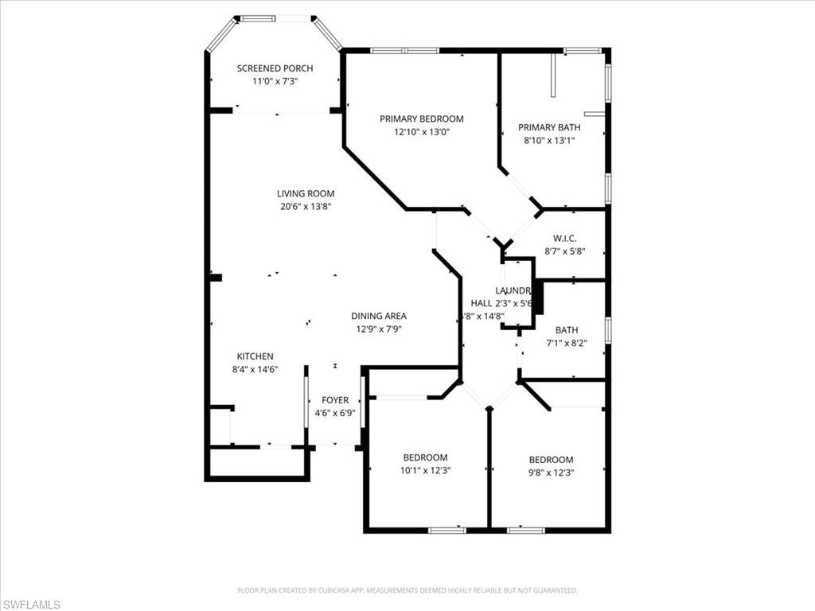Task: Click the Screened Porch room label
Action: (x=275, y=68)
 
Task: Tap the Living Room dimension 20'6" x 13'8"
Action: (x=306, y=206)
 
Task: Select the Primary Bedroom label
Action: (x=421, y=119)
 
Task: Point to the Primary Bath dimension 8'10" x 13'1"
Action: (x=549, y=140)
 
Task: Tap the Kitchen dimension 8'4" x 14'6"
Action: (x=255, y=369)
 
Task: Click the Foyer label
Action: (x=334, y=400)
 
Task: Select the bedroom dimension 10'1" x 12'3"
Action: (x=425, y=470)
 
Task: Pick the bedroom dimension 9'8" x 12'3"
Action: (x=551, y=473)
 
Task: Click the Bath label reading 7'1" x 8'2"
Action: (x=567, y=330)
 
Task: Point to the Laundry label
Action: (x=512, y=290)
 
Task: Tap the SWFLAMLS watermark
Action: (x=30, y=605)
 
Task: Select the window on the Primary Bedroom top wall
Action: (x=404, y=51)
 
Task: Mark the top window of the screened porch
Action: (x=275, y=18)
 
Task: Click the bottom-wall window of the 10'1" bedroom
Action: (x=446, y=530)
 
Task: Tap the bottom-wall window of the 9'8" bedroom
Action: (x=525, y=530)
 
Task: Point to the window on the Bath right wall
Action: (x=607, y=330)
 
